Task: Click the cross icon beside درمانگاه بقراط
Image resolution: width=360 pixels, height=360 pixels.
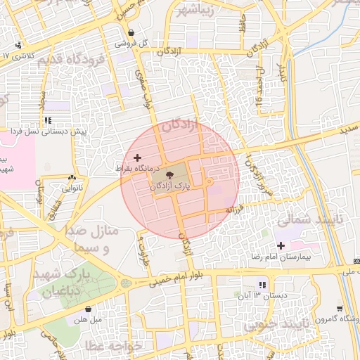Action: [136, 157]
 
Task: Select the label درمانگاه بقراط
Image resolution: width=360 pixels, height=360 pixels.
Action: [139, 169]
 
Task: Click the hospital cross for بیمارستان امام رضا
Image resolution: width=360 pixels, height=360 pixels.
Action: [281, 245]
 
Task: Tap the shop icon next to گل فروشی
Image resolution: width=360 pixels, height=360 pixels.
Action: [131, 32]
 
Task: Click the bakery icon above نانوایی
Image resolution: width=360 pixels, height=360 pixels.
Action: [73, 178]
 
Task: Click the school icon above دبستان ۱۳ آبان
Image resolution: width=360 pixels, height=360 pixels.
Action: [262, 285]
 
